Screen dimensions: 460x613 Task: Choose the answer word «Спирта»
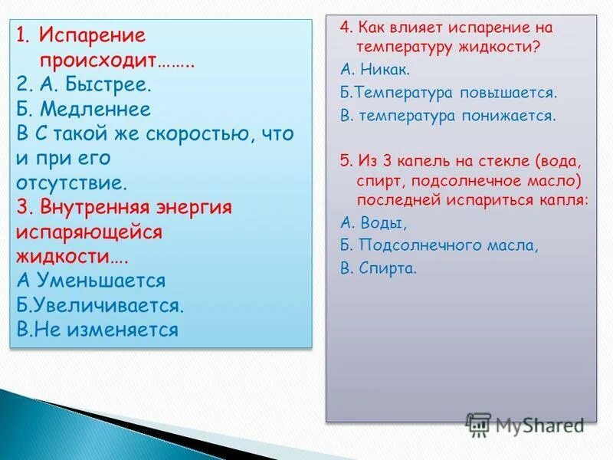[x=389, y=269]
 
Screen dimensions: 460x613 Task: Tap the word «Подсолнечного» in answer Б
[x=414, y=246]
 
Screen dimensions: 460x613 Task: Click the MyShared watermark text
[x=539, y=424]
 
